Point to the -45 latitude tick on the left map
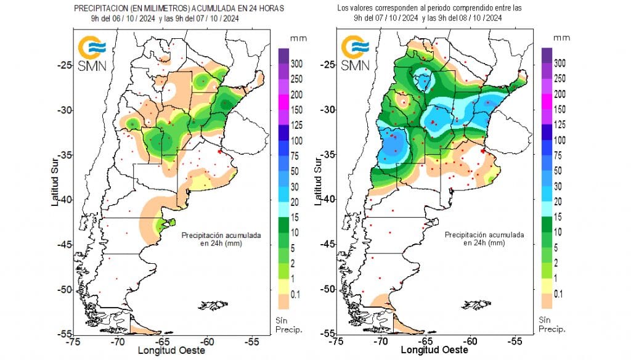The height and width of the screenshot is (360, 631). [x=62, y=245]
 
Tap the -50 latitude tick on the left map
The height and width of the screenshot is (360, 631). [x=62, y=289]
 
